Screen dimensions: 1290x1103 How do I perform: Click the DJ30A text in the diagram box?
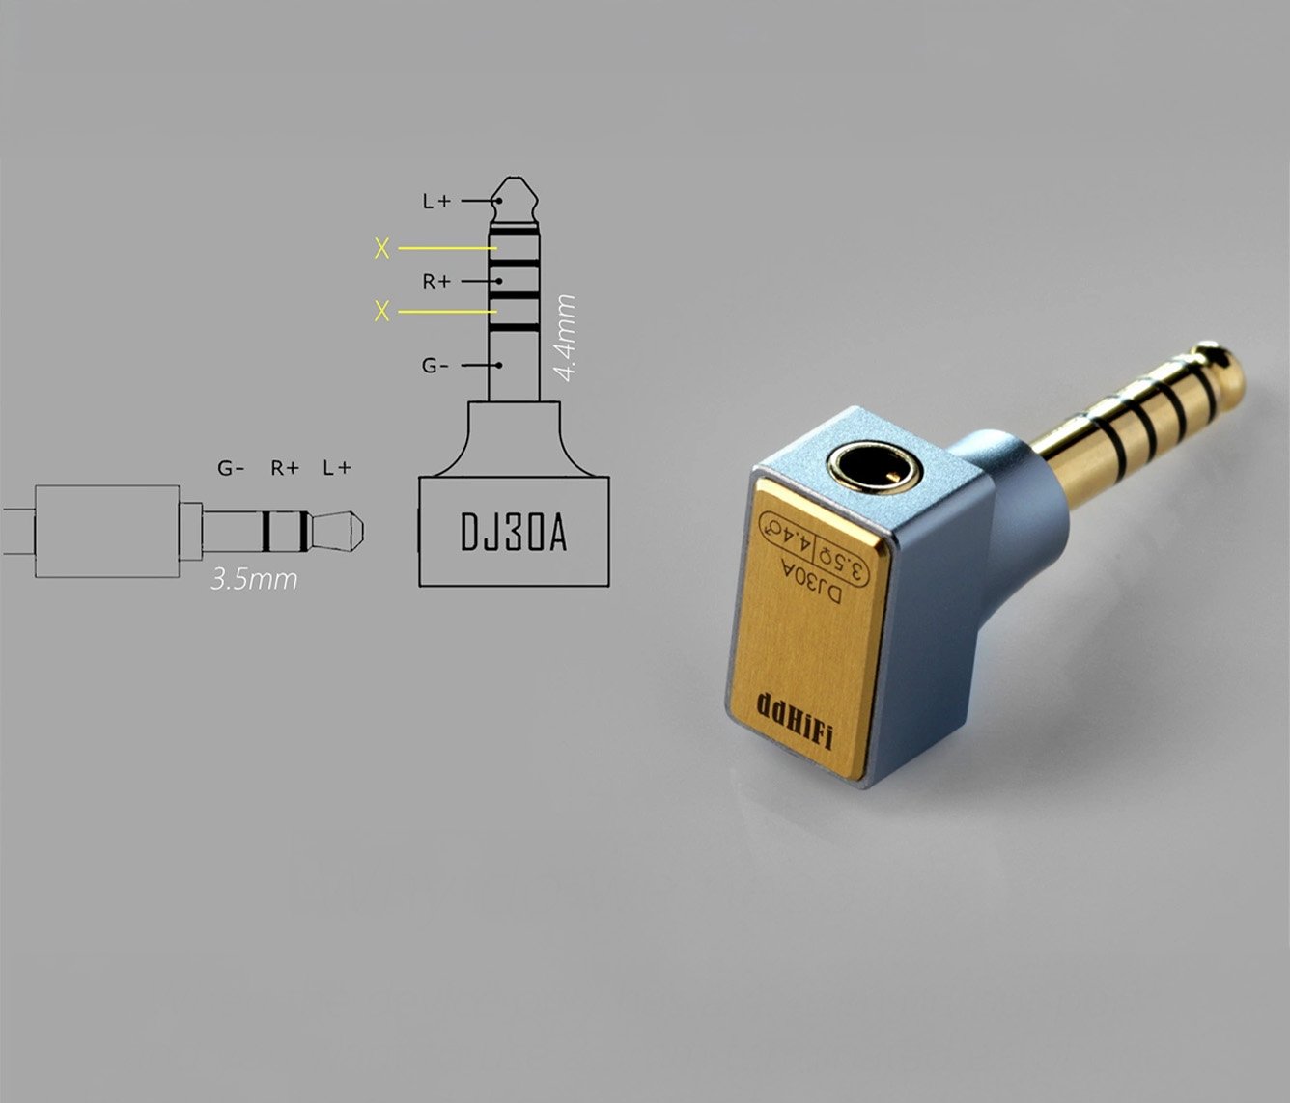pos(514,532)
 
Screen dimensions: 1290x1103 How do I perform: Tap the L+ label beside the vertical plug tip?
pos(436,201)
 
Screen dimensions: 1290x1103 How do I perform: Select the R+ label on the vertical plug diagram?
pos(436,282)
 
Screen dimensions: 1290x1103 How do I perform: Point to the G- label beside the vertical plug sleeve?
pos(435,366)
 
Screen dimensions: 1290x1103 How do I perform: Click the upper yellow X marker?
pos(381,248)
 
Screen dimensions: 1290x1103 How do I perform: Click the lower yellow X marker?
pos(381,311)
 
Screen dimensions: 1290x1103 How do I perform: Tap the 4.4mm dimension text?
pos(566,338)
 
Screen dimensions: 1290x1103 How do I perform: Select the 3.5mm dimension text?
pos(254,580)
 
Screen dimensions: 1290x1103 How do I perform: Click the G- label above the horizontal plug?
pos(231,467)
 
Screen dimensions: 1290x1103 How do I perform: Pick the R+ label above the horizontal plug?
pos(285,467)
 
